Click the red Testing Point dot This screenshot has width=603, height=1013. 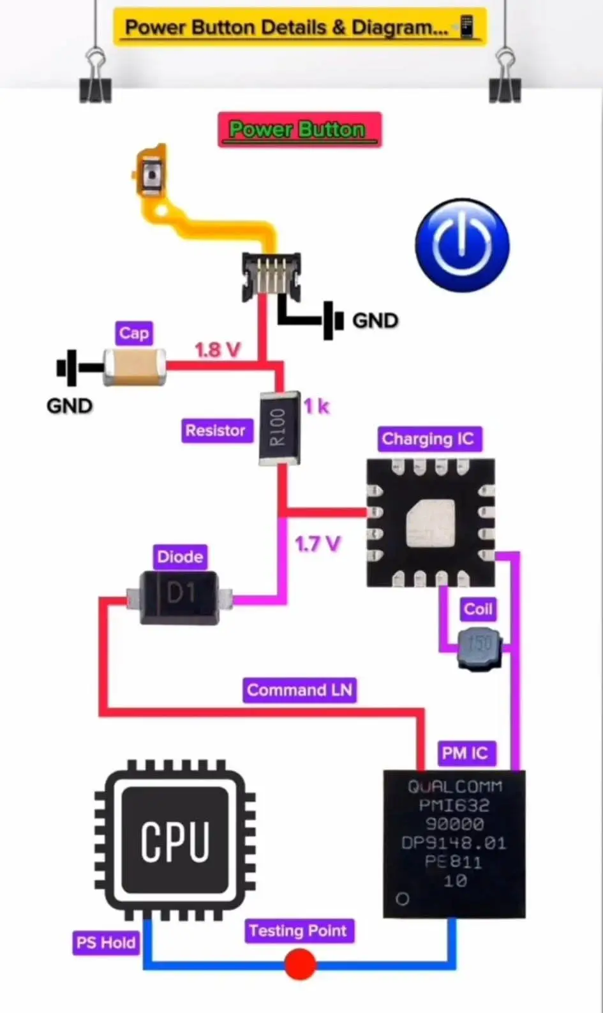300,964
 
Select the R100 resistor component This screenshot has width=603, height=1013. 279,427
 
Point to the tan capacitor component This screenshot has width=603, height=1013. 135,367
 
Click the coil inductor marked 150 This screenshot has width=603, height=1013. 480,647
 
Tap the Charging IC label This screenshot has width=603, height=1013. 428,439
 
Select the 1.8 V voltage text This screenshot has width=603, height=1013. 218,350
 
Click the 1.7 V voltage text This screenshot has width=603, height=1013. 317,544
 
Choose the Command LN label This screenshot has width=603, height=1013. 299,690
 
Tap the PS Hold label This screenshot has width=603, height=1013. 106,943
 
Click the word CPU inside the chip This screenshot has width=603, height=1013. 175,841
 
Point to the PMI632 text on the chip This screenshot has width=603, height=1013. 454,806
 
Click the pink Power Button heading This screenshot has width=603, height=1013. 299,130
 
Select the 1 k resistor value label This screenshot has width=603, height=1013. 316,406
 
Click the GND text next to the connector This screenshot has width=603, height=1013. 375,320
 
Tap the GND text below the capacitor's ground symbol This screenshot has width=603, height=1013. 69,406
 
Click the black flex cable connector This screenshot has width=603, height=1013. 271,276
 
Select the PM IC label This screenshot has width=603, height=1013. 465,753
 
